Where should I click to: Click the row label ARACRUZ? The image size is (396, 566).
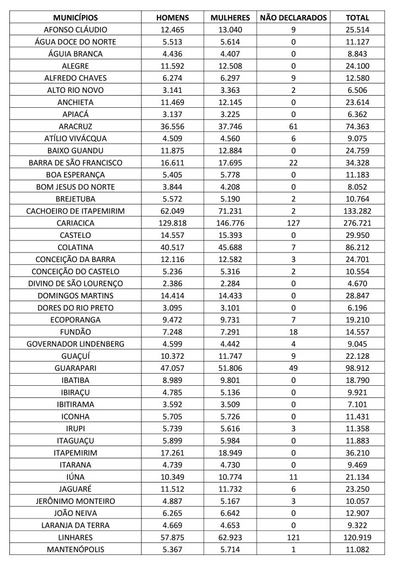tap(75, 126)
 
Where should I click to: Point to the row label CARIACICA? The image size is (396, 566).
tap(75, 223)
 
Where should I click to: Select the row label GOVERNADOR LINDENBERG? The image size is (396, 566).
tap(75, 344)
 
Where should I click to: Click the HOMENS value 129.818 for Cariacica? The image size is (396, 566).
tap(173, 223)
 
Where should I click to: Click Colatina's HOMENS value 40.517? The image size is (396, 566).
tap(173, 247)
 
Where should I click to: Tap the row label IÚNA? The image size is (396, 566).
tap(75, 476)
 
